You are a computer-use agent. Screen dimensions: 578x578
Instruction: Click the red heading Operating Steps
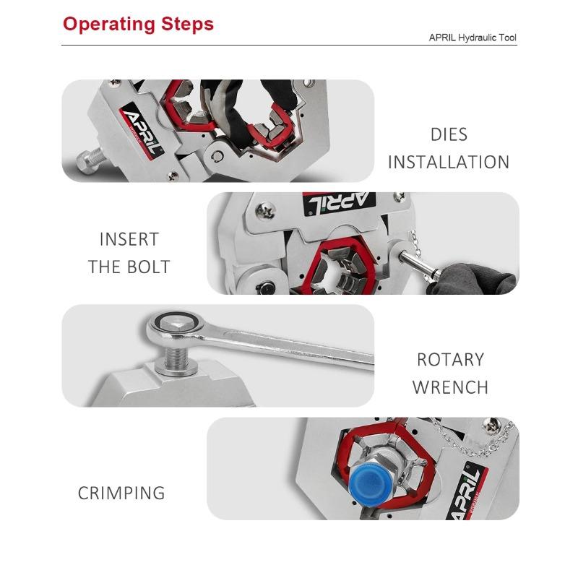point(138,24)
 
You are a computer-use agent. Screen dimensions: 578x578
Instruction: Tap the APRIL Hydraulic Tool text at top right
point(473,38)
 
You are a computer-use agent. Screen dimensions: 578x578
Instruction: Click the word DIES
point(449,134)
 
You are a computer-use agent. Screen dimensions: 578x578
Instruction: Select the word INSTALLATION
point(449,162)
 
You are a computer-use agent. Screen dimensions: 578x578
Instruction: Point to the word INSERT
point(129,239)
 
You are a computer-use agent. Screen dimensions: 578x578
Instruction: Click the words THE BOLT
point(129,267)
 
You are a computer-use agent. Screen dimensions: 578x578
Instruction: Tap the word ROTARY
point(450,359)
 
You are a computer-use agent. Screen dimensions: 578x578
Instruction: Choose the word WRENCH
point(450,387)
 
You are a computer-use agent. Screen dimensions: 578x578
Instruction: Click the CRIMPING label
point(121,493)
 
